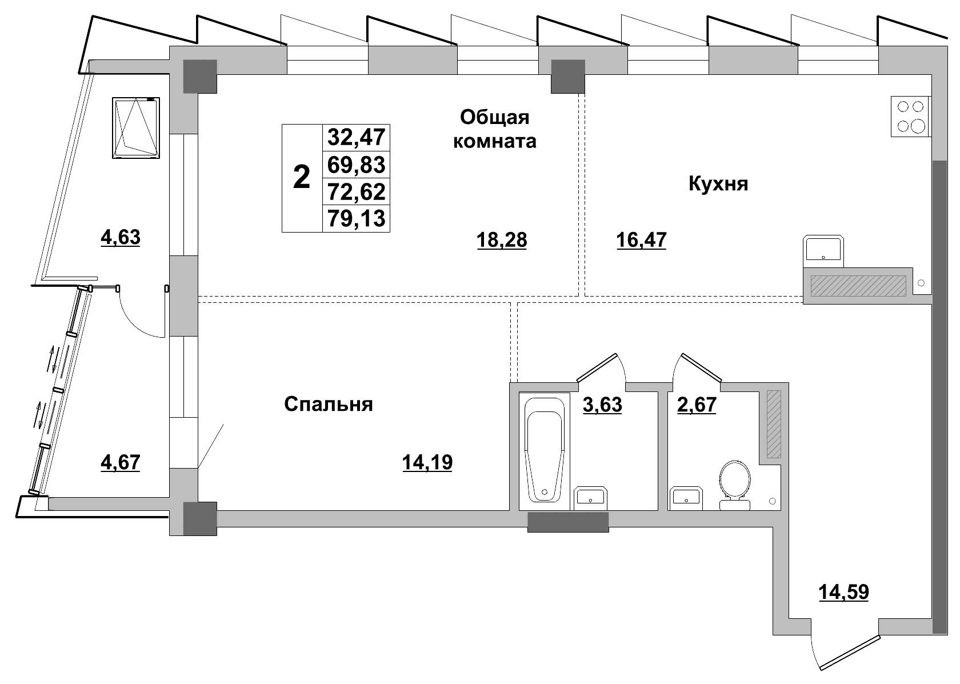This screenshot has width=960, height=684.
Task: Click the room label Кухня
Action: (x=718, y=184)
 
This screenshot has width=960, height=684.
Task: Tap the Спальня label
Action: (x=329, y=405)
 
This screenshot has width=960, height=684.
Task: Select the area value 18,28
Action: (x=502, y=241)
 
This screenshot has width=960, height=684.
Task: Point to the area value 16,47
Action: (x=642, y=240)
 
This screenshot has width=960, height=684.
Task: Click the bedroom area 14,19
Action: (x=427, y=462)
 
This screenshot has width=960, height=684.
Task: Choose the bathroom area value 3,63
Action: (x=602, y=405)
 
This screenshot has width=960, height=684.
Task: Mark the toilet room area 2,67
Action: (x=697, y=405)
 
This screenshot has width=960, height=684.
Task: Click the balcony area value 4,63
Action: (x=121, y=237)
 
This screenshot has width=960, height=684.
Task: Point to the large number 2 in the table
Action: (x=302, y=178)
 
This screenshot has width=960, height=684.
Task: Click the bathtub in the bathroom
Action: (x=545, y=450)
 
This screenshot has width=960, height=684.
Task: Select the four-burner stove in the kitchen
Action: (x=910, y=116)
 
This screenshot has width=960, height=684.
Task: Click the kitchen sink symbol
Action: (x=823, y=250)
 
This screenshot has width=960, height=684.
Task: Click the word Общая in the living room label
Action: (x=495, y=117)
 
